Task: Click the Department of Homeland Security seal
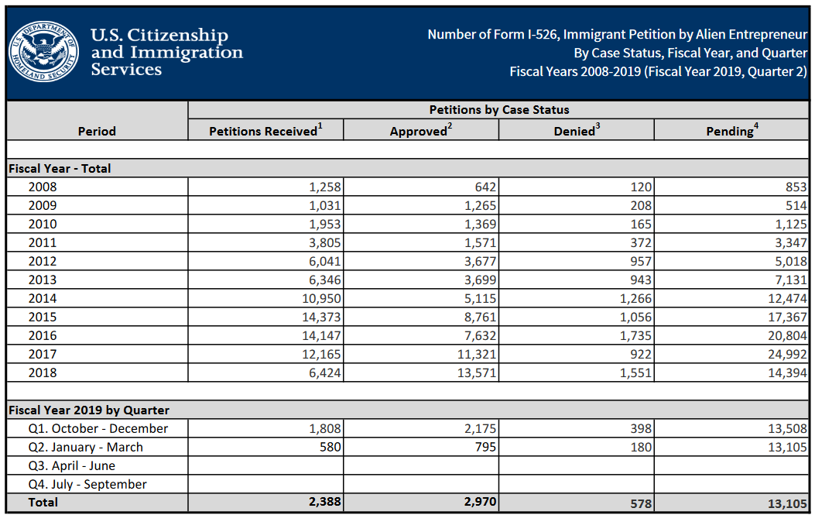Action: coord(44,51)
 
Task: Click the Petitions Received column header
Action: coord(265,131)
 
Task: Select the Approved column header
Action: coord(420,131)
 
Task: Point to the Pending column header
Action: coord(732,131)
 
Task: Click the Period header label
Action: coord(97,131)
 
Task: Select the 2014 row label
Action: coord(43,298)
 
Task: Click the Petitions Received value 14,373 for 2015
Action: coord(320,317)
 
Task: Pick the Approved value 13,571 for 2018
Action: coord(474,373)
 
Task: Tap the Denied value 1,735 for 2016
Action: coord(635,335)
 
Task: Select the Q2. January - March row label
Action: coord(85,447)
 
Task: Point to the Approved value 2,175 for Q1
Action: coord(478,428)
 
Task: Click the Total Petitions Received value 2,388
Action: coord(324,502)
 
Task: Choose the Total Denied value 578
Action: coord(639,503)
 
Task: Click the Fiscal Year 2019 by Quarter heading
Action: coord(89,410)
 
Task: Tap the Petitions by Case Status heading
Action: coord(499,110)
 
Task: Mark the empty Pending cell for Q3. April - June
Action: coord(731,465)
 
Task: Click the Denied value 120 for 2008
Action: coord(641,187)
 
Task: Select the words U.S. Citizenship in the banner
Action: coord(159,36)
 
